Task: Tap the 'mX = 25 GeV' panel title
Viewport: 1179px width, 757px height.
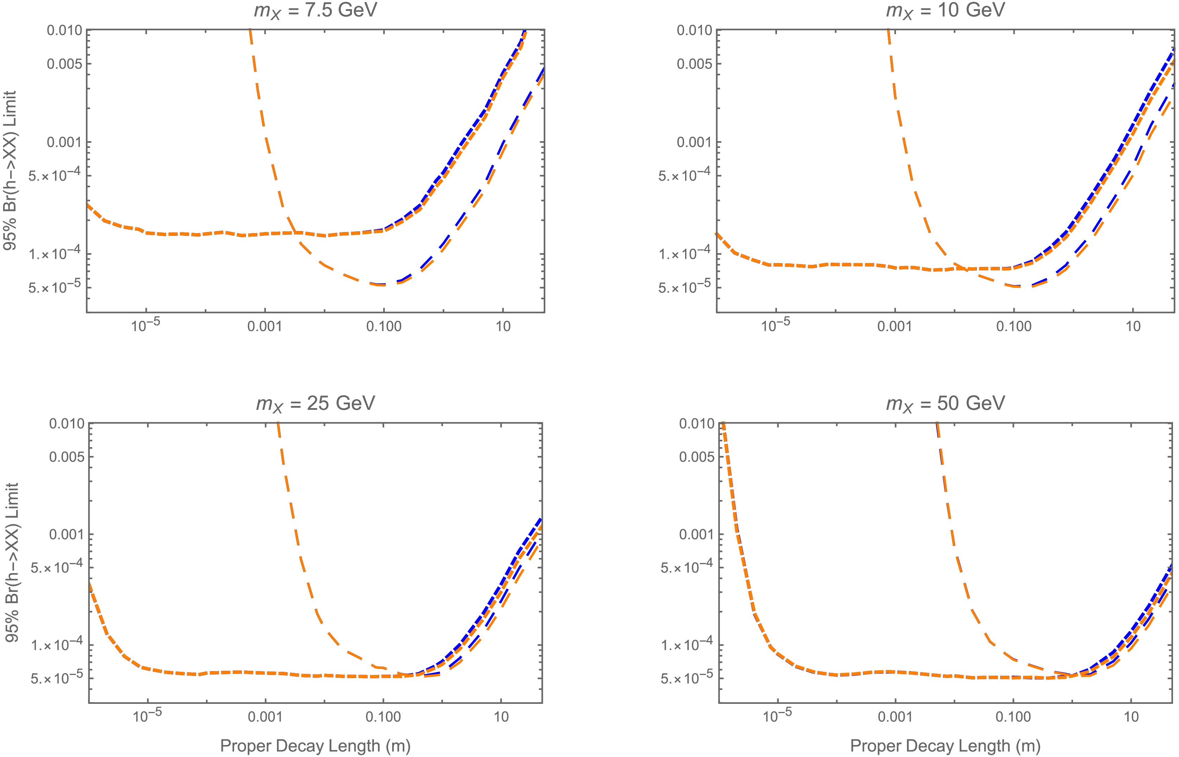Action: pyautogui.click(x=315, y=403)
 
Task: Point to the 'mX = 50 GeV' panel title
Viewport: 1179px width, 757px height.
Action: pyautogui.click(x=945, y=403)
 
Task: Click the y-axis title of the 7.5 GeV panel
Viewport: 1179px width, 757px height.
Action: pyautogui.click(x=10, y=170)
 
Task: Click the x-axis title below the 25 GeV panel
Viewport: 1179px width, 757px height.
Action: pyautogui.click(x=315, y=746)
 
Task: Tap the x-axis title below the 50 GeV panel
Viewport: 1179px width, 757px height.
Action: pyautogui.click(x=945, y=746)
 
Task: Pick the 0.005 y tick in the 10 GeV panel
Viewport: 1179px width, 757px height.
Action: pyautogui.click(x=694, y=64)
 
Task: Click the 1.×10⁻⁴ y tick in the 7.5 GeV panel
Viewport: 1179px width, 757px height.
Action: pyautogui.click(x=55, y=255)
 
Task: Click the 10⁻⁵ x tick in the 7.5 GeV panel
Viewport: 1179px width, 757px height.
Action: pyautogui.click(x=145, y=325)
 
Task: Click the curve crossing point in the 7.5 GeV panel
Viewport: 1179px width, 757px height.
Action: pyautogui.click(x=295, y=232)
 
